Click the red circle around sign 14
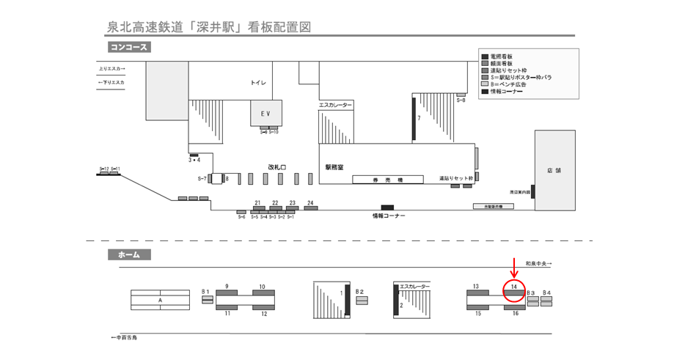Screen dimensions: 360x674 514,291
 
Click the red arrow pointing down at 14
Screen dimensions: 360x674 514,268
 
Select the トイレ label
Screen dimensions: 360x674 259,84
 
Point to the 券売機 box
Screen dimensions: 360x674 388,179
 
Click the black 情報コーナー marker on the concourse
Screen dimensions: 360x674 387,207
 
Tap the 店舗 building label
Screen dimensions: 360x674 554,170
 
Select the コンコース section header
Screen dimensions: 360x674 128,48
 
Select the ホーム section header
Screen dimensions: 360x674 129,254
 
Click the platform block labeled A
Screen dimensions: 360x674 160,300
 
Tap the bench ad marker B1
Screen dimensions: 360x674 207,299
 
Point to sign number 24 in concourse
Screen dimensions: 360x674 311,208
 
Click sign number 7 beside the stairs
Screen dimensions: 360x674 414,118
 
